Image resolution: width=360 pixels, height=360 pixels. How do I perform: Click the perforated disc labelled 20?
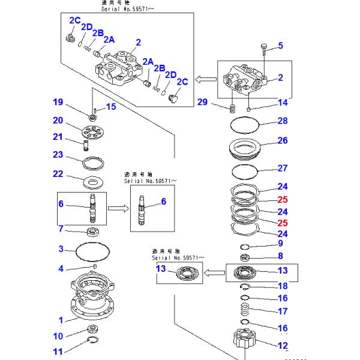point(94,131)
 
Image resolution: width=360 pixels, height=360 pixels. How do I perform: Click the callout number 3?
point(61,248)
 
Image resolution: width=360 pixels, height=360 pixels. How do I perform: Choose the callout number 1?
point(61,320)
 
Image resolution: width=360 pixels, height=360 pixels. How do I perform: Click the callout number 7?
point(61,229)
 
